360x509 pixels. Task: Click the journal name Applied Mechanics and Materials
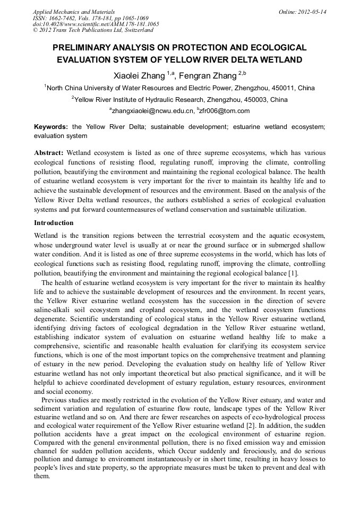[74, 12]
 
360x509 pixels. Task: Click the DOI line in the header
[96, 24]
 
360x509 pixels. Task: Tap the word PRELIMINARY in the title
[88, 48]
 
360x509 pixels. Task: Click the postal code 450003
[256, 99]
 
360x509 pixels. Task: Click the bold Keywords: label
[51, 127]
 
